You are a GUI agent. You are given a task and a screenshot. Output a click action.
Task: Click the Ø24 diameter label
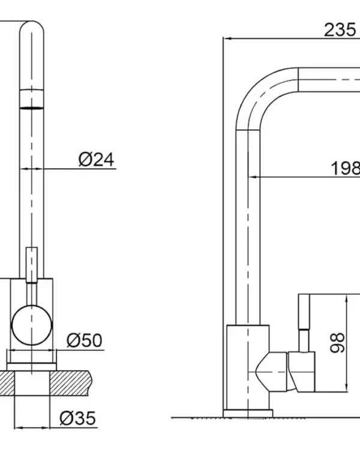click(x=96, y=160)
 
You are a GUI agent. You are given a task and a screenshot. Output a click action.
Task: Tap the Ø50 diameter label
click(x=85, y=340)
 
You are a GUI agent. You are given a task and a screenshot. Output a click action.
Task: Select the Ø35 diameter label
click(x=77, y=418)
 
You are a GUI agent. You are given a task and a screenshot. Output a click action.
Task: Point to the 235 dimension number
click(x=340, y=29)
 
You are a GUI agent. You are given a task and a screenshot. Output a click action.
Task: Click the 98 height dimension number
click(x=337, y=343)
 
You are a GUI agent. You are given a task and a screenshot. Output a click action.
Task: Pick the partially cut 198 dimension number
click(x=346, y=168)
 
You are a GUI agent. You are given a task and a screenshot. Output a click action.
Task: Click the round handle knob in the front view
click(x=32, y=325)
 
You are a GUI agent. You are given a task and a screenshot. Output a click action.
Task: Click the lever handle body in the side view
click(x=301, y=372)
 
